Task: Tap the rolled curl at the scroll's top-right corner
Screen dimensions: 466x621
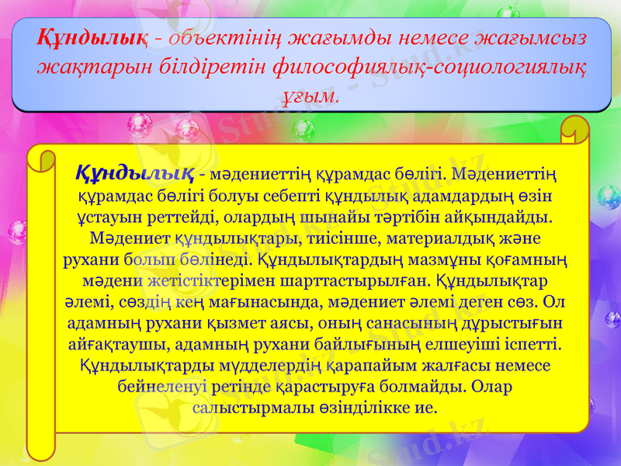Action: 574,132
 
